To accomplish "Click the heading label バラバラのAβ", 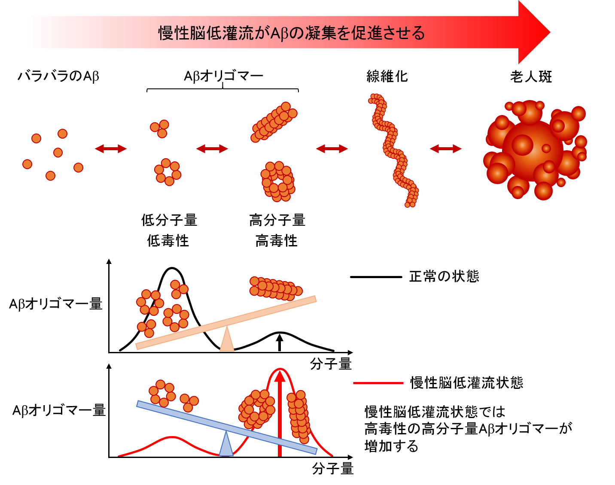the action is click(x=58, y=76).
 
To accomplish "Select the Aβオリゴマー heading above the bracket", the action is click(x=223, y=76).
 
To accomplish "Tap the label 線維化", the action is click(x=387, y=76).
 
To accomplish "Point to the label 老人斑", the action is click(x=531, y=77).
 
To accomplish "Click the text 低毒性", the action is click(x=168, y=240).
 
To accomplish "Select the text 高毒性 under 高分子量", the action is click(x=276, y=240).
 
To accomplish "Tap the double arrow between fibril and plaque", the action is click(x=445, y=149).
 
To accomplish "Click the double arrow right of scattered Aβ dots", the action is click(x=111, y=149).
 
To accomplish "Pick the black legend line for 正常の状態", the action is click(x=376, y=277).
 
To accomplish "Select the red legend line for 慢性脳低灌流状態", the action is click(x=378, y=383).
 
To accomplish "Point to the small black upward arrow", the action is click(x=280, y=343).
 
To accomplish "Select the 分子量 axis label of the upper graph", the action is click(x=331, y=364).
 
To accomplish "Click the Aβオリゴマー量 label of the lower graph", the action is click(x=59, y=410).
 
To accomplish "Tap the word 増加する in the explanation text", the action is click(x=391, y=446).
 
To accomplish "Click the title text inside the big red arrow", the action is click(x=292, y=33).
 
